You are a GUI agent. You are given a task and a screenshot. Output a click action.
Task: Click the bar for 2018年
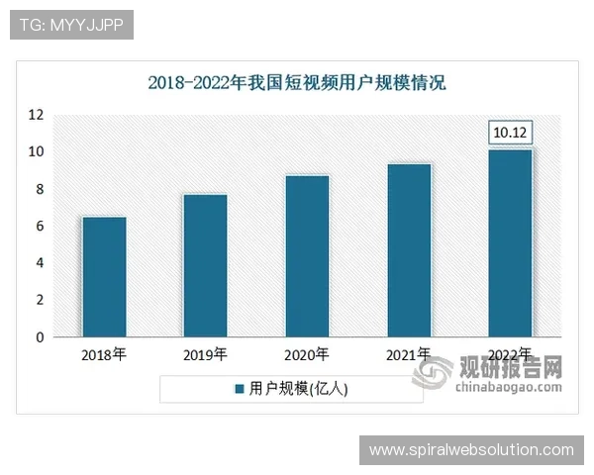pyautogui.click(x=104, y=277)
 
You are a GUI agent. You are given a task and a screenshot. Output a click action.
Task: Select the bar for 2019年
pyautogui.click(x=205, y=265)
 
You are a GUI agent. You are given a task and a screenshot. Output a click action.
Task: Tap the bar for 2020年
pyautogui.click(x=307, y=256)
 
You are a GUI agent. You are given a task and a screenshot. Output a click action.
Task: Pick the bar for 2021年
pyautogui.click(x=409, y=250)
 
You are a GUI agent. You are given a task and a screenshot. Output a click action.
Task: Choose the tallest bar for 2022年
pyautogui.click(x=511, y=243)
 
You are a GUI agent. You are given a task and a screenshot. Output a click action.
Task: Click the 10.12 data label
pyautogui.click(x=511, y=132)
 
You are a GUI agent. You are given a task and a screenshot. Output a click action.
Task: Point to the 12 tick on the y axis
pyautogui.click(x=36, y=115)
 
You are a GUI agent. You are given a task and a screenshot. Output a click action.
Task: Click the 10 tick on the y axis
pyautogui.click(x=36, y=151)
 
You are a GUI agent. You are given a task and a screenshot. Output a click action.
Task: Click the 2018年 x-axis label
pyautogui.click(x=104, y=354)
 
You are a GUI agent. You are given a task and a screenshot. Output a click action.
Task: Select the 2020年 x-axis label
pyautogui.click(x=307, y=354)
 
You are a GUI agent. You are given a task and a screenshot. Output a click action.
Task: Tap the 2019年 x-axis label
pyautogui.click(x=205, y=354)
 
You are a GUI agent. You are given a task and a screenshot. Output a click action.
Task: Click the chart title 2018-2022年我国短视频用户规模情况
pyautogui.click(x=297, y=82)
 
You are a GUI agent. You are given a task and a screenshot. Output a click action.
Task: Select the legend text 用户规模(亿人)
pyautogui.click(x=297, y=390)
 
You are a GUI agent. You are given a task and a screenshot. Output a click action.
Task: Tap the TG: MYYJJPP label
pyautogui.click(x=70, y=25)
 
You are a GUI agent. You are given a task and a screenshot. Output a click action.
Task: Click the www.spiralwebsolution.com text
pyautogui.click(x=471, y=450)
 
